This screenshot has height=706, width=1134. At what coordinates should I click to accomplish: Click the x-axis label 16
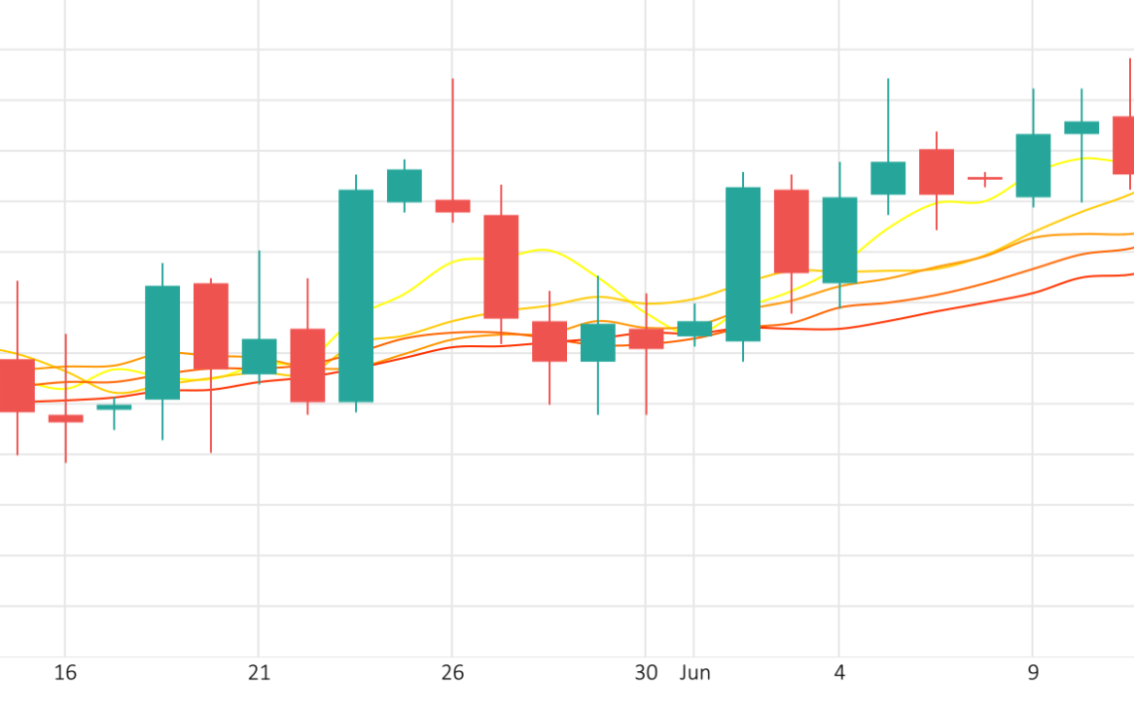(x=65, y=673)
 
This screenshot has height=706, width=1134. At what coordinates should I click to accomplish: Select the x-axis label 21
(x=259, y=673)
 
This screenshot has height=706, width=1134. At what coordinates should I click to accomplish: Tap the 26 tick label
(x=452, y=673)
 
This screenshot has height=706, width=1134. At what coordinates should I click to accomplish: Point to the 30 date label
(x=646, y=673)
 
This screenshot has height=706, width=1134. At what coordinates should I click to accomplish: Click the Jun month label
(x=695, y=673)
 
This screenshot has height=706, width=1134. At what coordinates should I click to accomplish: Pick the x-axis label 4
(x=839, y=673)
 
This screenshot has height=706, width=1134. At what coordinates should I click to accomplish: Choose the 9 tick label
(x=1033, y=673)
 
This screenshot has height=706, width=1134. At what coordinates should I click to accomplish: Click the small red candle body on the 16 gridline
(x=66, y=419)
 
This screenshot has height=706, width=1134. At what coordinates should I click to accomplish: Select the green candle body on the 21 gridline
(x=259, y=356)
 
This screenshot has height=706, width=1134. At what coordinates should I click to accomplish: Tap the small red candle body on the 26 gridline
(x=453, y=206)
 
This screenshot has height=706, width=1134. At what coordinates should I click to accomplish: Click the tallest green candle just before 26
(x=356, y=295)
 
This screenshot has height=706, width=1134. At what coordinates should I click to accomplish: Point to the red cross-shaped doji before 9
(x=985, y=178)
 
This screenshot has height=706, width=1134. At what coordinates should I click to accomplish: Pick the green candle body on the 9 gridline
(x=1034, y=165)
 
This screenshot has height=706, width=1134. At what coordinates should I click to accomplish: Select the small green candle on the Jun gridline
(x=694, y=329)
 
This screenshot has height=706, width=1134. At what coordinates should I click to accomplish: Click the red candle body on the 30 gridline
(x=647, y=339)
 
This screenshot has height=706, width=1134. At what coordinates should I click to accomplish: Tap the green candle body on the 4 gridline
(x=840, y=240)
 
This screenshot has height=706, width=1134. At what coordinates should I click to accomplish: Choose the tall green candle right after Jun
(x=743, y=265)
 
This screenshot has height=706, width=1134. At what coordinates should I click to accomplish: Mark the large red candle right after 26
(x=501, y=266)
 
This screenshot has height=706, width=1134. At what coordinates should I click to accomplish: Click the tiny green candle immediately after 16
(x=114, y=407)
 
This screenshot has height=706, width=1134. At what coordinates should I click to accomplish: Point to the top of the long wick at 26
(x=453, y=79)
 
